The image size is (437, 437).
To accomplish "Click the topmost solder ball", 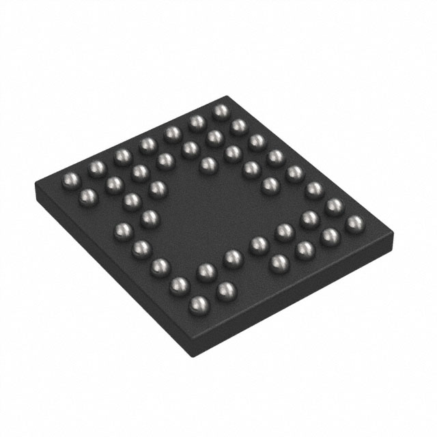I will pyautogui.click(x=221, y=111).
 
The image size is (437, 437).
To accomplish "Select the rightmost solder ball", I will pyautogui.click(x=354, y=223).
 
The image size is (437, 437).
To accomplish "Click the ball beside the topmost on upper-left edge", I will pyautogui.click(x=197, y=122).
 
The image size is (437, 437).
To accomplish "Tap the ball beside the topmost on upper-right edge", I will pyautogui.click(x=238, y=126).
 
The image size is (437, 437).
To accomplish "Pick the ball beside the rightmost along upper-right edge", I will pyautogui.click(x=334, y=206).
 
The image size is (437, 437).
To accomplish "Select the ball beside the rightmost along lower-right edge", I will pyautogui.click(x=330, y=236).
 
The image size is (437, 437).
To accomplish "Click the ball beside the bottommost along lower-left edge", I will pyautogui.click(x=179, y=285).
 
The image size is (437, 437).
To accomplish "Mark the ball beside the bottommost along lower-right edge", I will pyautogui.click(x=225, y=291).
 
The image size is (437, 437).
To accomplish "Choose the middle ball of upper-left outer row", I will pyautogui.click(x=147, y=145).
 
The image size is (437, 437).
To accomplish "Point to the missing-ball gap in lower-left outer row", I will pyautogui.click(x=104, y=213).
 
